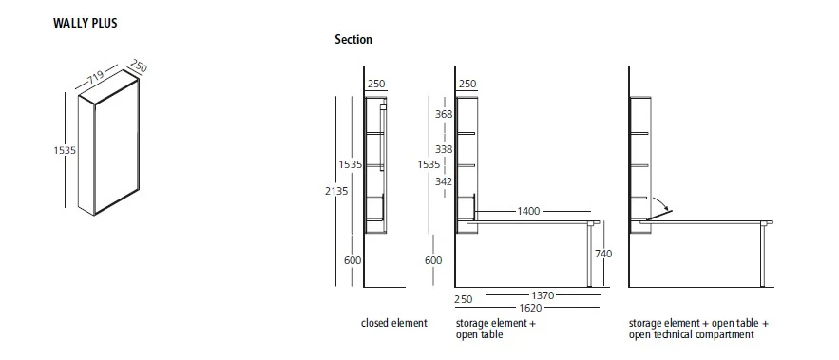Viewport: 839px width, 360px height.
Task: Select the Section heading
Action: coord(353,40)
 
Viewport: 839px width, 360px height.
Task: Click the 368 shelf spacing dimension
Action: coord(443,114)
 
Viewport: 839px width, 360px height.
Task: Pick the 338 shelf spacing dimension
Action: coord(443,149)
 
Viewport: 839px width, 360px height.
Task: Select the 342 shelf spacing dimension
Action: coord(443,180)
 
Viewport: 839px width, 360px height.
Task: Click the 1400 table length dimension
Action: coord(528,209)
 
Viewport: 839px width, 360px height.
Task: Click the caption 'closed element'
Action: coord(393,324)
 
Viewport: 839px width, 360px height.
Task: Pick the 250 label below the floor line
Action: coord(463,300)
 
